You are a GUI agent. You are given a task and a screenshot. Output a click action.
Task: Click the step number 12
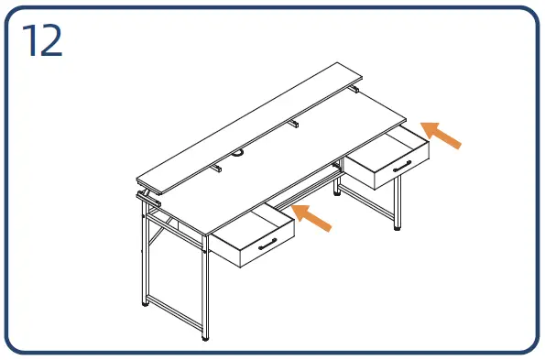(42, 40)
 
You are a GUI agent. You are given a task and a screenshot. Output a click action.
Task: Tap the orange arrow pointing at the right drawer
(441, 135)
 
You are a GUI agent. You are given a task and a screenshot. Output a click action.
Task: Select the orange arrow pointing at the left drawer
(311, 217)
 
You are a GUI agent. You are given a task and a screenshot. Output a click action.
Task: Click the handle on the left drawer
(267, 244)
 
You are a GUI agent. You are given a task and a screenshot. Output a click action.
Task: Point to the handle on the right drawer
(402, 166)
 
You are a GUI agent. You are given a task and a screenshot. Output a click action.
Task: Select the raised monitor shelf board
(249, 128)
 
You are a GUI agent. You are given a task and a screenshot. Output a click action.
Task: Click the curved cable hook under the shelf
(238, 152)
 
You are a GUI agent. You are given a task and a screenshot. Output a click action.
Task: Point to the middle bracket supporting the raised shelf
(294, 123)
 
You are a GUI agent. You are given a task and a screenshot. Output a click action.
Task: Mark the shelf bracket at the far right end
(354, 89)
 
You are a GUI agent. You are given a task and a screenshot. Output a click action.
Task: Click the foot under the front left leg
(205, 339)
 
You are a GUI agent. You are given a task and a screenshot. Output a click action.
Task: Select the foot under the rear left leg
(146, 304)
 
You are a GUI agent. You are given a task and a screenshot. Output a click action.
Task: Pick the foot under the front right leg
(397, 228)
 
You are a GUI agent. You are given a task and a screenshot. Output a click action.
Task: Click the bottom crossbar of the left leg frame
(175, 313)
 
